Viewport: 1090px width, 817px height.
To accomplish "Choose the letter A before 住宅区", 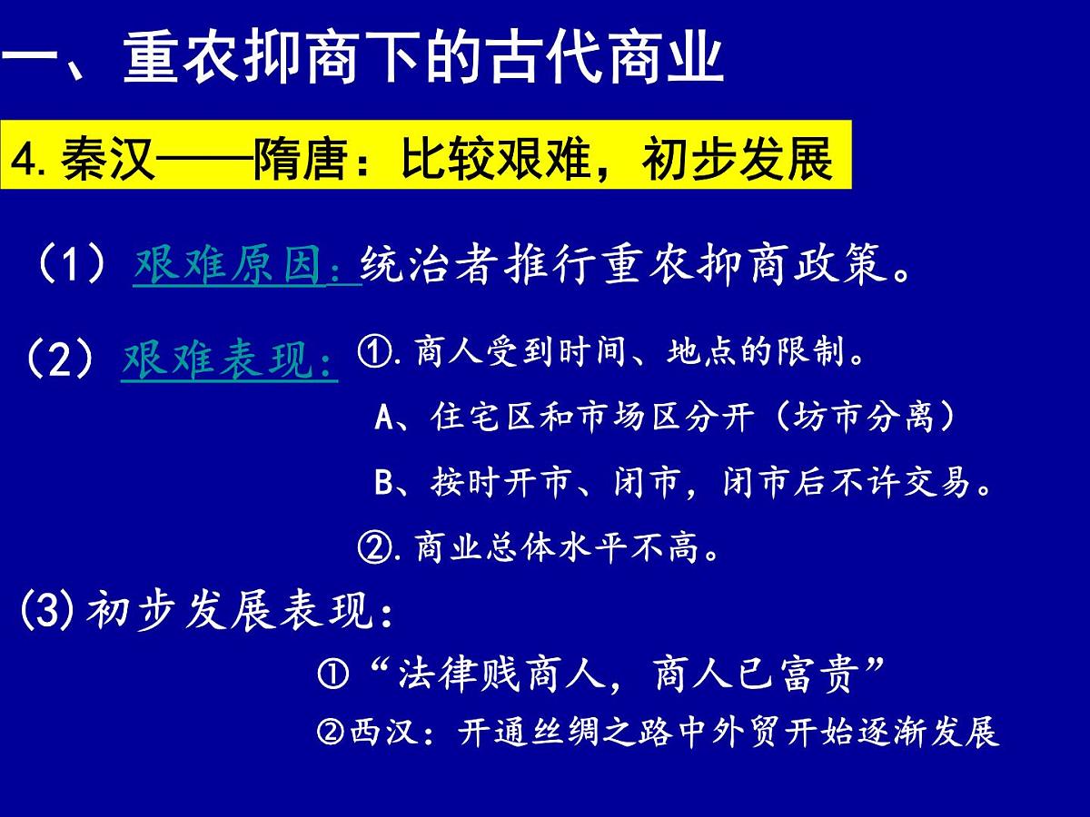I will pyautogui.click(x=382, y=418).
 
